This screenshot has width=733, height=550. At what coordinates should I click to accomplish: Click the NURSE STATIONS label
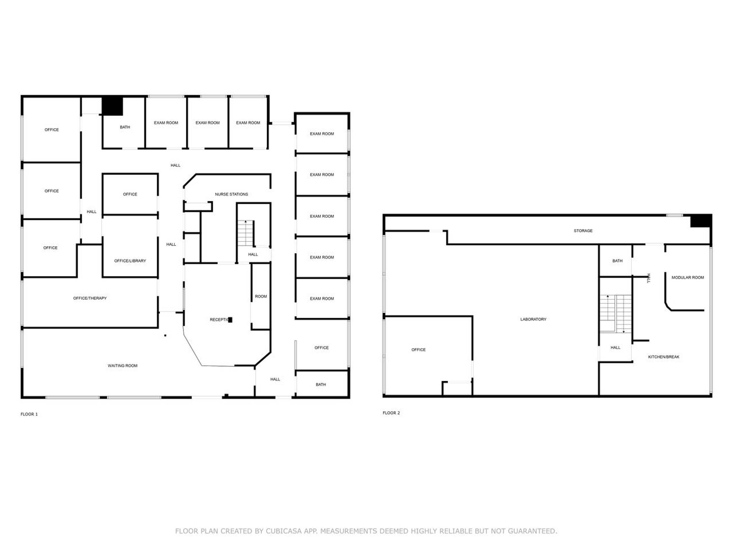(x=231, y=194)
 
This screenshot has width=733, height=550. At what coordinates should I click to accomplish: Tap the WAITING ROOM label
(x=122, y=366)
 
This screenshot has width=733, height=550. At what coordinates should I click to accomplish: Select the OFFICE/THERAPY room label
(x=90, y=298)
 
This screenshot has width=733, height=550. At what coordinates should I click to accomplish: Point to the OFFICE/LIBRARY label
(x=130, y=261)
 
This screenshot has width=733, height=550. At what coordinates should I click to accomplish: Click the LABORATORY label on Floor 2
(x=533, y=319)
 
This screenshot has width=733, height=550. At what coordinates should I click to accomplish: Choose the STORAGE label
(x=583, y=231)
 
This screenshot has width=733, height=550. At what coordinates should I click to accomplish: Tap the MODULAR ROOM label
(x=688, y=277)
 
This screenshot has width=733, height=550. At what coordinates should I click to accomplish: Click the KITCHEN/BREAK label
(x=664, y=357)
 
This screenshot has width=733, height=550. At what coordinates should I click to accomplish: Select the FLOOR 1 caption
(x=29, y=414)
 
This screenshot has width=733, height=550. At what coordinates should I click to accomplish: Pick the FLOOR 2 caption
(x=391, y=413)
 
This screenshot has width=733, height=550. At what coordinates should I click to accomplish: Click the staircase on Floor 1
(x=245, y=233)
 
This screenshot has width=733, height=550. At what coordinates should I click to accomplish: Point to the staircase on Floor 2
(x=616, y=313)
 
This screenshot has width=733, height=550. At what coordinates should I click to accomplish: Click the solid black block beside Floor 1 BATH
(x=112, y=106)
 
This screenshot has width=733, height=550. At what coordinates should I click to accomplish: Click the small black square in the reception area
(x=230, y=320)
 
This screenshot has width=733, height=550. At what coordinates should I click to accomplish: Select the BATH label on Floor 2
(x=617, y=261)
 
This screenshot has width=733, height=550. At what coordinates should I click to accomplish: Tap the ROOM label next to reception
(x=261, y=296)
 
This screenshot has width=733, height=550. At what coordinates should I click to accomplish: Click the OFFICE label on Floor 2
(x=419, y=350)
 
